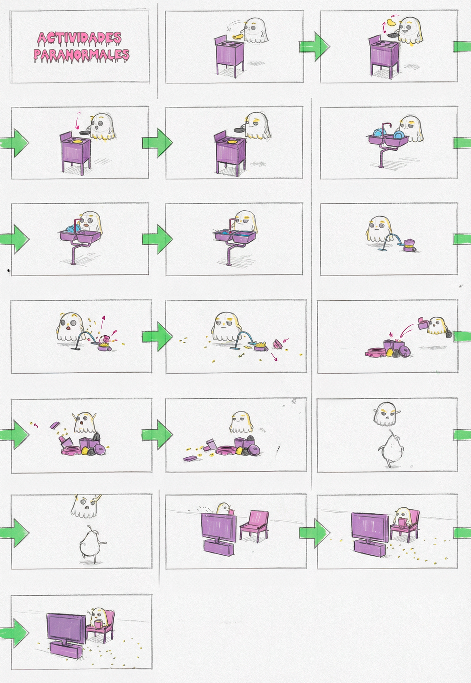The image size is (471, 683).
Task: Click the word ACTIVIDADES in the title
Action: (79, 39)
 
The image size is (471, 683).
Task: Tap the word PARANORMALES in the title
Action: (81, 55)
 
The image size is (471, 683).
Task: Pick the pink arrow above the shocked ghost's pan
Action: (78, 120)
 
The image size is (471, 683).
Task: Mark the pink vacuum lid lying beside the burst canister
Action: (278, 343)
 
